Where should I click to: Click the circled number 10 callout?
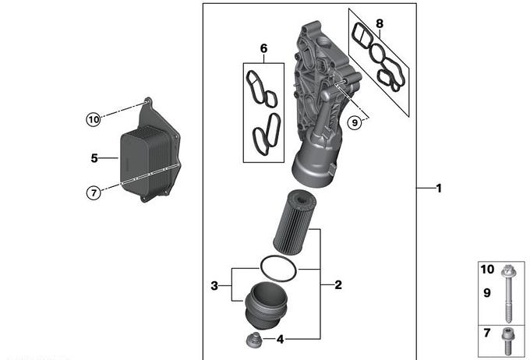click(94, 119)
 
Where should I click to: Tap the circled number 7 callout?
click(94, 193)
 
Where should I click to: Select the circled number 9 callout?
click(355, 122)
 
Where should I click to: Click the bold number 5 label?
click(94, 158)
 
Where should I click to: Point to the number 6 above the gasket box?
click(263, 48)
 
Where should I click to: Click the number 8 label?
click(380, 23)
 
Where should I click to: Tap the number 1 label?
click(439, 189)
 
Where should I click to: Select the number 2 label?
click(338, 285)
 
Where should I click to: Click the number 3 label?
click(214, 286)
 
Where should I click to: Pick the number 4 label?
click(281, 340)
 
